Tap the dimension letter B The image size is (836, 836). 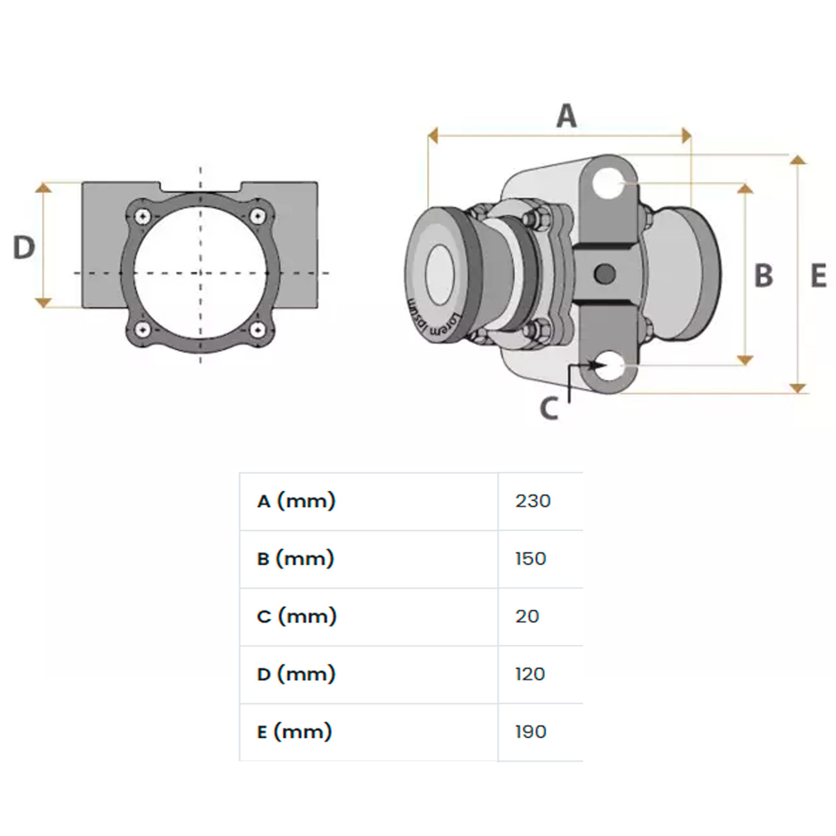click(764, 276)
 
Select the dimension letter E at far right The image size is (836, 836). click(819, 276)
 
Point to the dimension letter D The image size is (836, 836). click(24, 247)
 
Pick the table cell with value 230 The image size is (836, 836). click(533, 501)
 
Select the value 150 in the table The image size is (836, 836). click(530, 559)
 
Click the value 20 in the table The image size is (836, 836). click(527, 617)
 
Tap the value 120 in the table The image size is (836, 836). click(530, 674)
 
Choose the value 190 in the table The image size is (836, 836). click(530, 732)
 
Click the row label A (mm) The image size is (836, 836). click(296, 501)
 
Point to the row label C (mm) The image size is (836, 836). click(297, 617)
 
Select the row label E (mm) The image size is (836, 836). click(294, 732)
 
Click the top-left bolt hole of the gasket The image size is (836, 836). click(142, 216)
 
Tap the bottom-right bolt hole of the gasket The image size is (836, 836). click(259, 330)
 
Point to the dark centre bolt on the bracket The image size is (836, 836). click(605, 273)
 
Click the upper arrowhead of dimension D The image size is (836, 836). click(43, 188)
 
